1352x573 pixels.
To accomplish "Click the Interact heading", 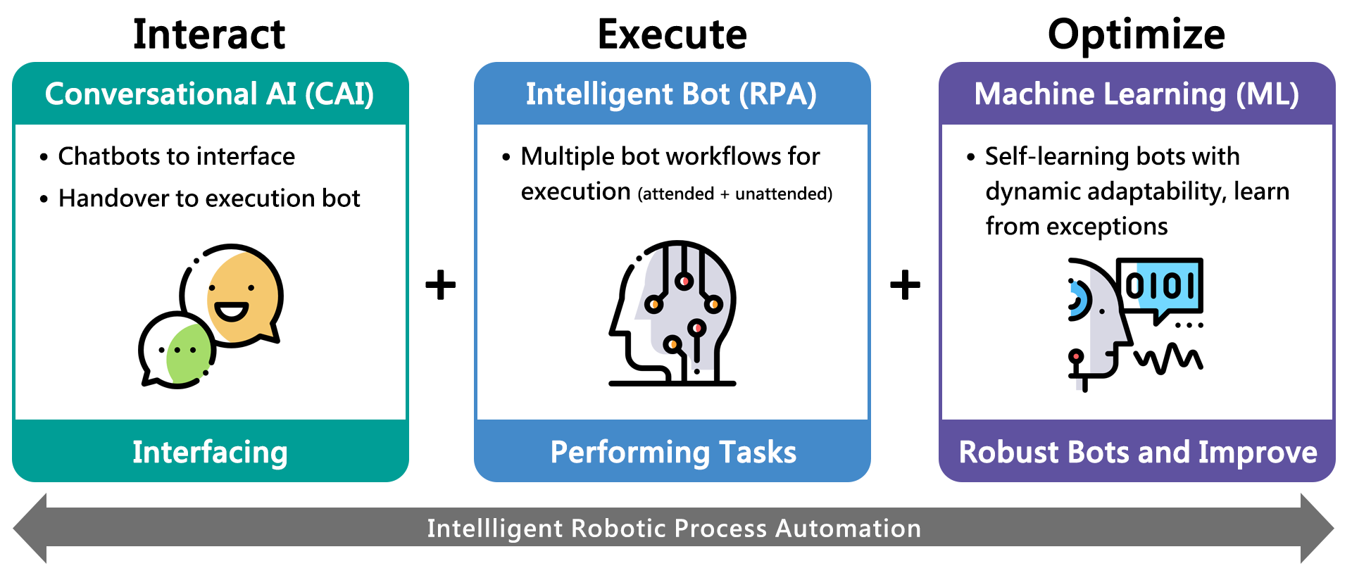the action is (209, 34).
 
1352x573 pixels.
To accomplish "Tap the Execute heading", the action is (672, 34).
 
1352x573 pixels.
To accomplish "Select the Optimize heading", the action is (1137, 35).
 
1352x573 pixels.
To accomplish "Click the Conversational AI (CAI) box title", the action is (209, 94).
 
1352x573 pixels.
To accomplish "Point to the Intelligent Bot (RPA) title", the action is (671, 94).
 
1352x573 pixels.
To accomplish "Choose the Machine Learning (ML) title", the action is (1137, 94).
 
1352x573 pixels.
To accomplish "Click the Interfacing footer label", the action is (210, 453).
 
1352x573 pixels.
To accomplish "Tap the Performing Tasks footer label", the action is (673, 453).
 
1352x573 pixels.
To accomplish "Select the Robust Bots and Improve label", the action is (1138, 453).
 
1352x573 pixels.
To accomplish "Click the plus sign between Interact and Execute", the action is (441, 285).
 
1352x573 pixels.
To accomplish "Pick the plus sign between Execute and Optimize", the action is (906, 285).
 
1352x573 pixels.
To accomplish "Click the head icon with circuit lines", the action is (673, 313).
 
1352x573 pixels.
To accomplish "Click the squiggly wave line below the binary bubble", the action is (1169, 358).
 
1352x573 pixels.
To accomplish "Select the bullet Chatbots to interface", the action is (168, 156).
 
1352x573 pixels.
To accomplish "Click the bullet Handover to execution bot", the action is (200, 199).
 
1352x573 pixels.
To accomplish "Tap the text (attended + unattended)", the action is (735, 194).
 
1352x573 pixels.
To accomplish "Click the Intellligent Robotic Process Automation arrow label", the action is (674, 528).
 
